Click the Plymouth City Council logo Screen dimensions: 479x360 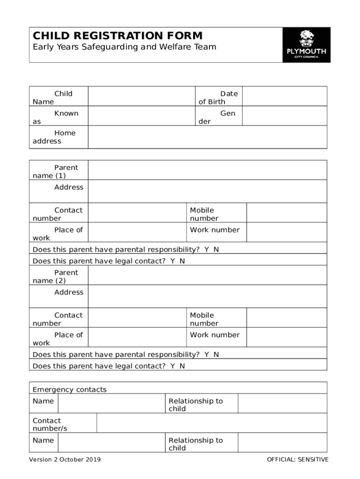306,45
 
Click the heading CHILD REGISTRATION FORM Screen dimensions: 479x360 117,36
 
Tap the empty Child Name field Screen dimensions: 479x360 141,96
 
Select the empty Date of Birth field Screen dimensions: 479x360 284,96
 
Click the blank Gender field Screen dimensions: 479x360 284,116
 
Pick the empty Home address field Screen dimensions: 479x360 207,137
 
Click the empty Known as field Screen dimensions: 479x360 141,116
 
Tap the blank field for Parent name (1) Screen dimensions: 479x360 207,170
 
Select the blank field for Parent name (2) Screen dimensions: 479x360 207,276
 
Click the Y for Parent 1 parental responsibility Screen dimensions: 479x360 206,249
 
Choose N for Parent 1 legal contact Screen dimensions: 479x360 182,261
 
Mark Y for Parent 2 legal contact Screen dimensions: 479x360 173,366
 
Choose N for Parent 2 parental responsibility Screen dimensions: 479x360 216,355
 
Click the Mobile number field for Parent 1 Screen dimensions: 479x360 286,213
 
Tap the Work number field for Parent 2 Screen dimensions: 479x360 286,337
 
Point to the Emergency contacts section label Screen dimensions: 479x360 70,390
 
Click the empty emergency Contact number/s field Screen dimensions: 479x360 211,423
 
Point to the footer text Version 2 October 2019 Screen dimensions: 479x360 65,459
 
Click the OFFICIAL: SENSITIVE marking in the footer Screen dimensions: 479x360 297,459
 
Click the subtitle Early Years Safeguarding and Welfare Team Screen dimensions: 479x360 124,47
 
